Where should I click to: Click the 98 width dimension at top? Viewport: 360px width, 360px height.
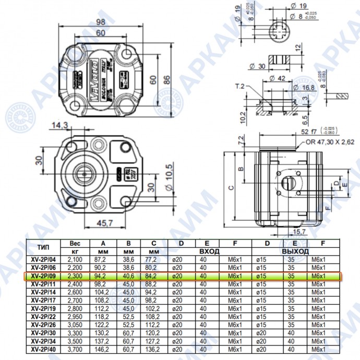tap(101, 21)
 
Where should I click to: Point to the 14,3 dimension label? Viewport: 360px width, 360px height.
tap(60, 125)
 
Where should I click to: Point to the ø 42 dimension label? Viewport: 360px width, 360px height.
tap(279, 79)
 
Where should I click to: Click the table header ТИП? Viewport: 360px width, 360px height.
tap(43, 246)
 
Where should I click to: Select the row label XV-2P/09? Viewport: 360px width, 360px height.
tap(43, 276)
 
